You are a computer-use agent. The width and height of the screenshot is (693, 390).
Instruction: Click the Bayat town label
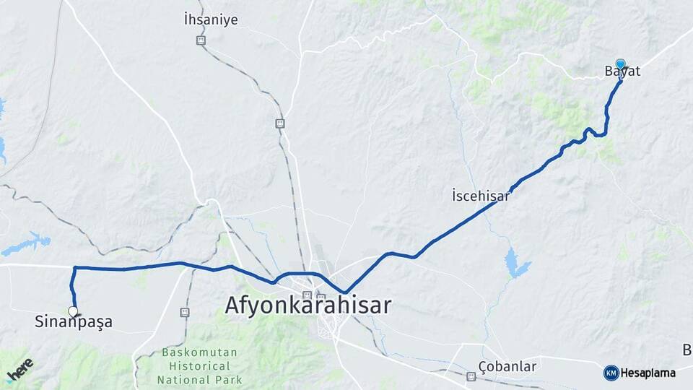click(x=622, y=72)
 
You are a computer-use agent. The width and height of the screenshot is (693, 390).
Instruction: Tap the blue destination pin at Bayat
click(x=620, y=64)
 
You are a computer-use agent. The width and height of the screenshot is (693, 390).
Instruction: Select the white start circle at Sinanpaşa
click(x=73, y=311)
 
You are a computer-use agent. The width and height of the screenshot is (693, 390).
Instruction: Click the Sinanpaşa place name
click(x=74, y=322)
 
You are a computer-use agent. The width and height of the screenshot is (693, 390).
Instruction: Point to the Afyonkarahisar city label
click(x=308, y=305)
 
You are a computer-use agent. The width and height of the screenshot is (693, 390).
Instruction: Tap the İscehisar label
click(x=481, y=196)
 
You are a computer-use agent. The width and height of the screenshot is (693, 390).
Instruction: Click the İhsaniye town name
click(x=211, y=20)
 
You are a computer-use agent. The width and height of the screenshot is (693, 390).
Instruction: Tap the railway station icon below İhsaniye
click(x=201, y=40)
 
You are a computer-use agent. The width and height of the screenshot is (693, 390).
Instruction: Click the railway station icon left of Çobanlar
click(x=471, y=376)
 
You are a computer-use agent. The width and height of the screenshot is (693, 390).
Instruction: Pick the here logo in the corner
click(x=19, y=369)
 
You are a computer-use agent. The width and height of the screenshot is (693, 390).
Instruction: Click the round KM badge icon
click(x=611, y=373)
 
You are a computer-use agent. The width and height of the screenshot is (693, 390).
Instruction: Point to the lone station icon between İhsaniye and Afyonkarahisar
click(x=279, y=123)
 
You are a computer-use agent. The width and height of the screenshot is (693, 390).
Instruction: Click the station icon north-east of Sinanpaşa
click(x=185, y=313)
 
